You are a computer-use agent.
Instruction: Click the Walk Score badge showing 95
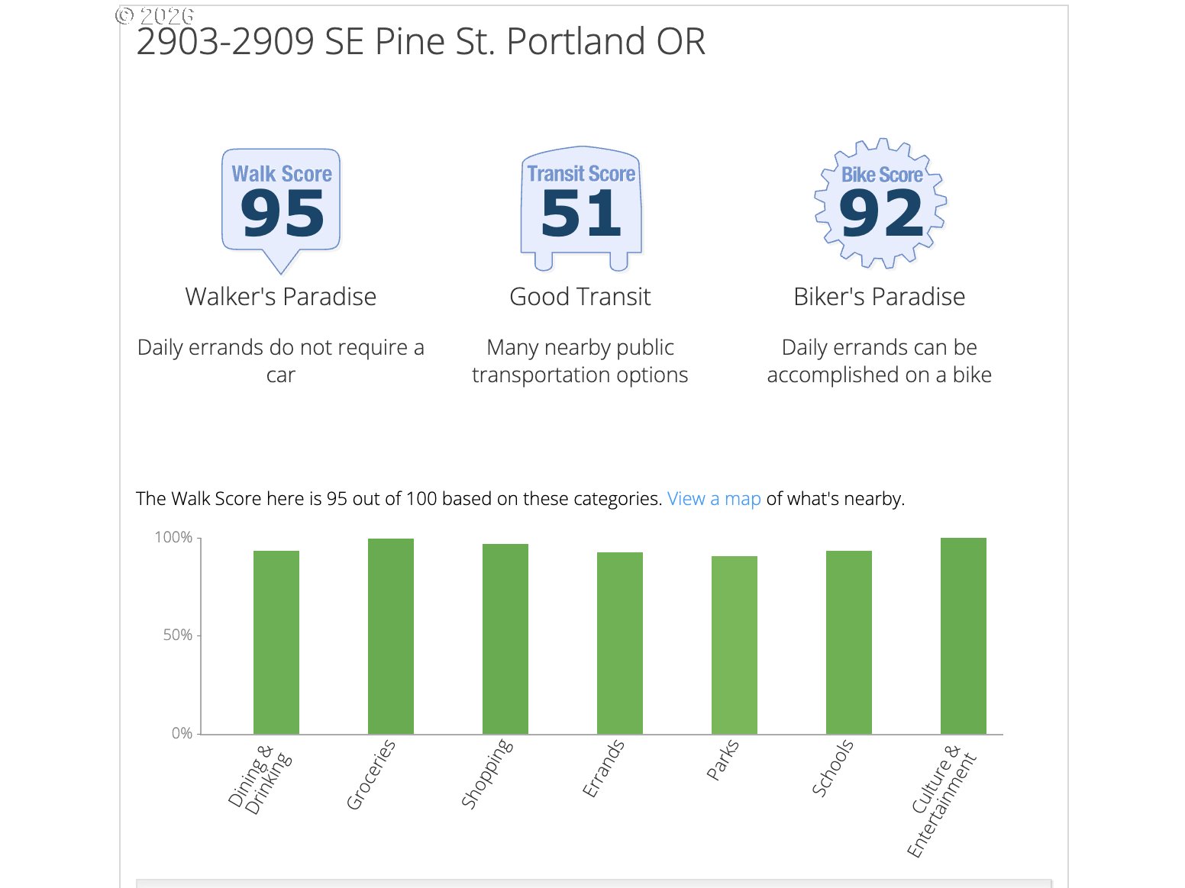point(281,206)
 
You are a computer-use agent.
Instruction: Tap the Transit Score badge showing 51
point(581,206)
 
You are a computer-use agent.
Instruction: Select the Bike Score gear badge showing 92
point(881,204)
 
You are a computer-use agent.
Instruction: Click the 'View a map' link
point(714,499)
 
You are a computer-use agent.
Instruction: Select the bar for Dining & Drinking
point(276,642)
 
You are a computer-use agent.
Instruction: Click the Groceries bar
point(391,636)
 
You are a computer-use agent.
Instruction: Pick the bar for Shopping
point(505,639)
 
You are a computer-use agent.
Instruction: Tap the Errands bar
point(620,643)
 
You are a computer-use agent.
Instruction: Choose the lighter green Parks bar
point(735,645)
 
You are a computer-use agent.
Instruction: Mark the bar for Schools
point(849,642)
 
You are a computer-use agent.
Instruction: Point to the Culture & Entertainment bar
point(964,636)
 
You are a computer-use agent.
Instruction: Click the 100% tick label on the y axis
point(173,538)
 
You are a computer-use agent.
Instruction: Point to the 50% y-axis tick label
point(177,635)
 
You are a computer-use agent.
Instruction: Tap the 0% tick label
point(182,734)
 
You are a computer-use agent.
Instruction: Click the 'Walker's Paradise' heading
point(281,297)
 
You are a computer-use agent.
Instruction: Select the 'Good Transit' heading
point(580,297)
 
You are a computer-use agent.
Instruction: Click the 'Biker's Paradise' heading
point(880,297)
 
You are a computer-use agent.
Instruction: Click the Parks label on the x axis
point(722,760)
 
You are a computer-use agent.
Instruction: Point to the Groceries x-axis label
point(371,774)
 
